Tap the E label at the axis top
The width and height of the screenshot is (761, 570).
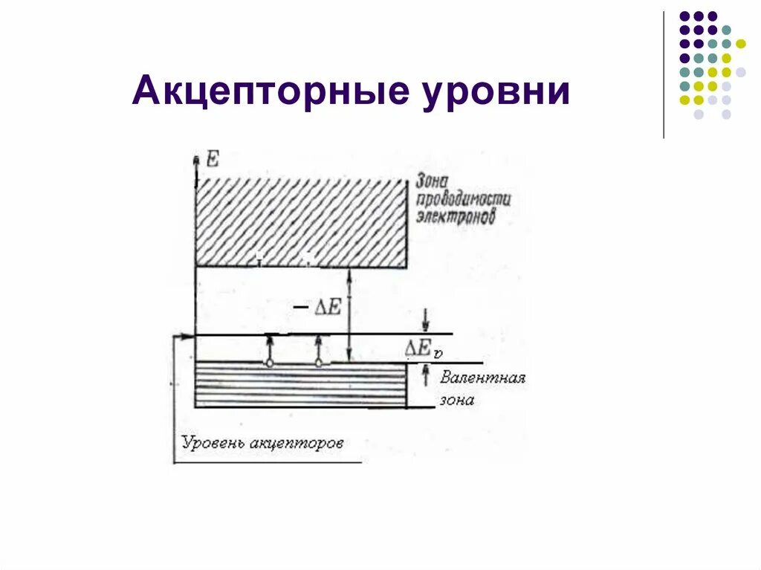click(212, 158)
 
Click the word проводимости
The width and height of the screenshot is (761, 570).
click(463, 200)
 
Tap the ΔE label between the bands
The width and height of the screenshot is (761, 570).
click(326, 306)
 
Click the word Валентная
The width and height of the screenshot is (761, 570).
click(482, 378)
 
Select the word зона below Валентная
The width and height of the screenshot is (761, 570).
click(456, 400)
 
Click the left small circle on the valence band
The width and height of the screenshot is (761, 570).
click(270, 363)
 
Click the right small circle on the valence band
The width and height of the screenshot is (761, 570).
click(319, 363)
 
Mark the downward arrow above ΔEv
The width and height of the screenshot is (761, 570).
click(426, 320)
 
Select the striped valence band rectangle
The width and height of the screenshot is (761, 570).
click(300, 384)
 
